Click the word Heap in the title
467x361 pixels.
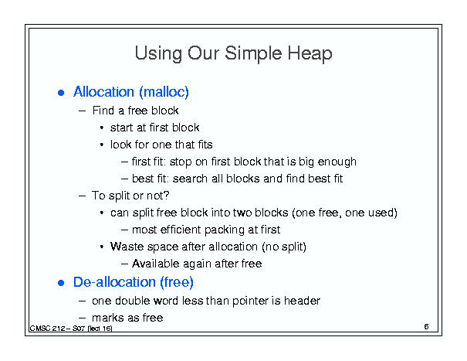310,53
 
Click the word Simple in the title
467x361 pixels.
253,53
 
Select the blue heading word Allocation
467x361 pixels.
103,91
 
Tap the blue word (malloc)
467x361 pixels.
164,92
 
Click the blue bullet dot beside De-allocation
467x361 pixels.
61,282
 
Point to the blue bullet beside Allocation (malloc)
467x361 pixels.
61,93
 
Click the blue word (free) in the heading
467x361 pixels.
177,282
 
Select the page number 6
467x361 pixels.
426,326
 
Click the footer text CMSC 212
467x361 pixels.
48,329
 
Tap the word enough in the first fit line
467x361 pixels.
337,162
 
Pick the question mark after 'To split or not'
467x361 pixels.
167,196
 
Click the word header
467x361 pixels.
302,301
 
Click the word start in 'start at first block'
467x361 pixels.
122,128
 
